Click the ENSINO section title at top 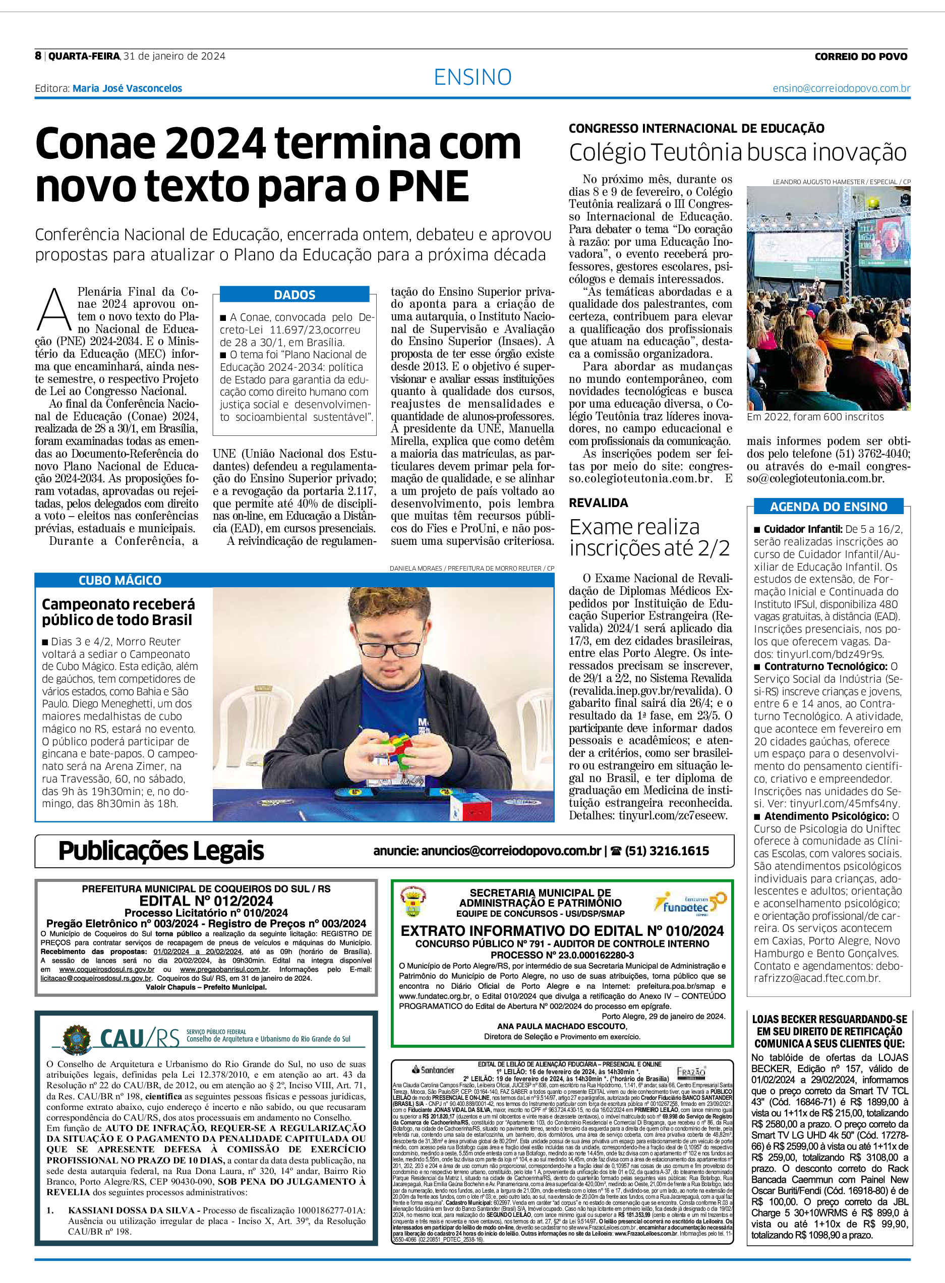[472, 77]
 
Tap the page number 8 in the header [38, 55]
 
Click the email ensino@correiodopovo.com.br [841, 88]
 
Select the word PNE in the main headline [429, 187]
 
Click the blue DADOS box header [294, 295]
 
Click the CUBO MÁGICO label [120, 580]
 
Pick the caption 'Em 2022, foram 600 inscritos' [814, 417]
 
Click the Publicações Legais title [161, 851]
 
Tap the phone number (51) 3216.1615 [667, 851]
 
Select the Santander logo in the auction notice [433, 1070]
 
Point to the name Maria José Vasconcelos [127, 88]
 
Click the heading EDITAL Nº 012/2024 [206, 901]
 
